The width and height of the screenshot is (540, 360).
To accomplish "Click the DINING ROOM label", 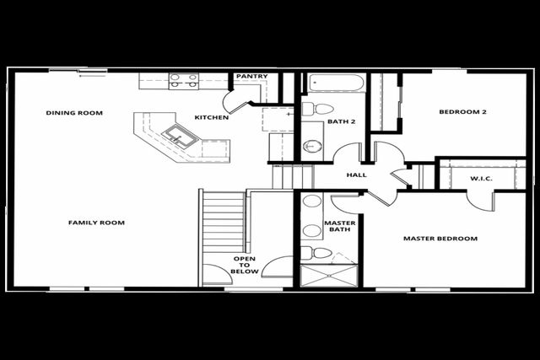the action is [74, 113].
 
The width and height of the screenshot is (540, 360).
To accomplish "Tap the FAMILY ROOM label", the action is [96, 223].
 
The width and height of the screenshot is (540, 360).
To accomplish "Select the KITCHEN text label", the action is [212, 117].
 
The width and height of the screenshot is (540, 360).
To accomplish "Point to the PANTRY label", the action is [252, 76].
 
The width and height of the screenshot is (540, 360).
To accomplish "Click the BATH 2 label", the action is [341, 121].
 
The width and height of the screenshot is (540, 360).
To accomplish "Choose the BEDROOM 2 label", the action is [462, 112].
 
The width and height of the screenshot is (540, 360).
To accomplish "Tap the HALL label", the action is [356, 175].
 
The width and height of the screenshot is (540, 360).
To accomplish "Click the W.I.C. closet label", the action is [481, 179].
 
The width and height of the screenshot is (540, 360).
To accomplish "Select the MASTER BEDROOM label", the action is [440, 239].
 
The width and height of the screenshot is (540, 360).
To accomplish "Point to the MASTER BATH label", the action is [339, 226].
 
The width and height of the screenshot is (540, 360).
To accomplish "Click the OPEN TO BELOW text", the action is [245, 265].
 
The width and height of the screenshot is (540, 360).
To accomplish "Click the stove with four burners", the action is [184, 81].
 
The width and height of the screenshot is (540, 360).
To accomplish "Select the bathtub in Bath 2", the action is [336, 83].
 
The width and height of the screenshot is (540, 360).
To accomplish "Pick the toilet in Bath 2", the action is [318, 109].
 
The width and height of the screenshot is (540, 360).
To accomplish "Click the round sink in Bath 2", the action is [313, 146].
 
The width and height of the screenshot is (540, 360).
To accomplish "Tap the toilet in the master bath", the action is [316, 253].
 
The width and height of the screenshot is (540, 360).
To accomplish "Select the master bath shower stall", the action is [329, 276].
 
